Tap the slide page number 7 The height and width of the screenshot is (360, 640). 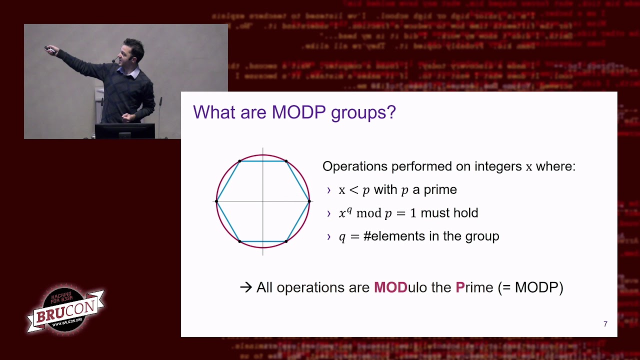pyautogui.click(x=605, y=324)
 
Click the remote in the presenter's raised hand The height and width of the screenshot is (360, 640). pyautogui.click(x=48, y=48)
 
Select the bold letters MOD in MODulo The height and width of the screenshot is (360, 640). pyautogui.click(x=390, y=287)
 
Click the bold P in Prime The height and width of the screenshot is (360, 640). pyautogui.click(x=460, y=287)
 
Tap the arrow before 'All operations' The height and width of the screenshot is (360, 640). pyautogui.click(x=246, y=287)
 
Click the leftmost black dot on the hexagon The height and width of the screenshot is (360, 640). pyautogui.click(x=216, y=201)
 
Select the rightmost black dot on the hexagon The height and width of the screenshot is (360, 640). pyautogui.click(x=309, y=201)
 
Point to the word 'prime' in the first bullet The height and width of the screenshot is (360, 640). pyautogui.click(x=440, y=190)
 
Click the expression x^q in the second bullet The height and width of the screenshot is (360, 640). pyautogui.click(x=345, y=213)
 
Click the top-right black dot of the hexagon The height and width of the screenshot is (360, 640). pyautogui.click(x=286, y=161)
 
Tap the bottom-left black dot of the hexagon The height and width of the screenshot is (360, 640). pyautogui.click(x=240, y=241)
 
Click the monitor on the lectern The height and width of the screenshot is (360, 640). pyautogui.click(x=124, y=131)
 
